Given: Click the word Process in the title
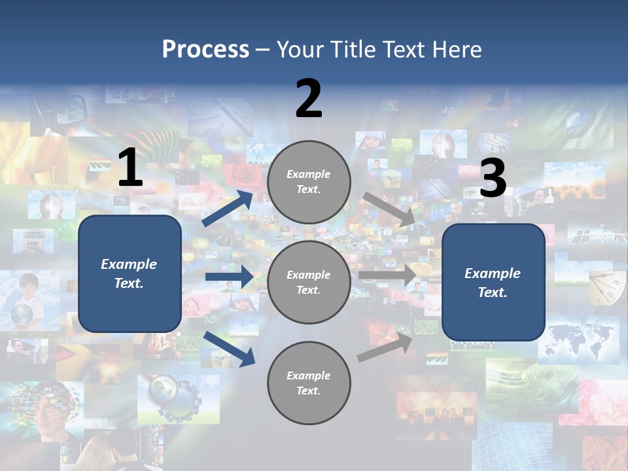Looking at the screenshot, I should pyautogui.click(x=205, y=50).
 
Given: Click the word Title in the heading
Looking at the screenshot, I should pyautogui.click(x=353, y=50).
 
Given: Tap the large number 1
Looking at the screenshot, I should pyautogui.click(x=130, y=168).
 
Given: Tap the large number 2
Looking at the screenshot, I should pyautogui.click(x=309, y=99).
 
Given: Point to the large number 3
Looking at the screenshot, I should pyautogui.click(x=493, y=179).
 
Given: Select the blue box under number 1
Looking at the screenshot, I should pyautogui.click(x=130, y=273).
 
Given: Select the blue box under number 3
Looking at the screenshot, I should pyautogui.click(x=493, y=283).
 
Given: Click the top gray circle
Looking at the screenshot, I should pyautogui.click(x=309, y=182).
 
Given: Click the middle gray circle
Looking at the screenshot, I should pyautogui.click(x=309, y=282).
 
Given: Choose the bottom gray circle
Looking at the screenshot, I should pyautogui.click(x=309, y=383).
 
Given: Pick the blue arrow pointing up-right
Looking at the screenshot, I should pyautogui.click(x=228, y=209).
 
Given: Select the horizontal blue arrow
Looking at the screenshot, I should pyautogui.click(x=229, y=277).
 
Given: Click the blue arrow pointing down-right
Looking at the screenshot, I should pyautogui.click(x=230, y=349).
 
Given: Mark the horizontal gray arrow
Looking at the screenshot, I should pyautogui.click(x=388, y=275).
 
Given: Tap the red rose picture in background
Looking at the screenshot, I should pyautogui.click(x=243, y=175).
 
